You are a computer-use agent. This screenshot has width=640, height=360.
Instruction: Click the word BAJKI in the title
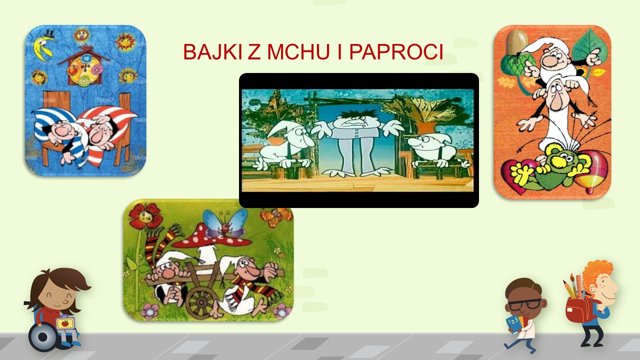[x=212, y=52]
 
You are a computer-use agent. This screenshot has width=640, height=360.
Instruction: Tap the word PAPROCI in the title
[x=396, y=52]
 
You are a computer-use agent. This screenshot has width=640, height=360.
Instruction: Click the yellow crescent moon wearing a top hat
[x=43, y=45]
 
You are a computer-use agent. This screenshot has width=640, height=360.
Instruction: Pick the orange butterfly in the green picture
[x=275, y=216]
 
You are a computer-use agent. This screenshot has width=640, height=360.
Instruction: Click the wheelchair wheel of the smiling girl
[x=43, y=337]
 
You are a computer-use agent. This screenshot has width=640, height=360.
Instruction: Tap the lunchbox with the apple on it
[x=65, y=322]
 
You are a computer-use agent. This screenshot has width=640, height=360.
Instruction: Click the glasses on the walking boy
[x=524, y=305]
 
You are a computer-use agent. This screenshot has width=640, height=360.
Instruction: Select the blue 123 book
[x=514, y=324]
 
